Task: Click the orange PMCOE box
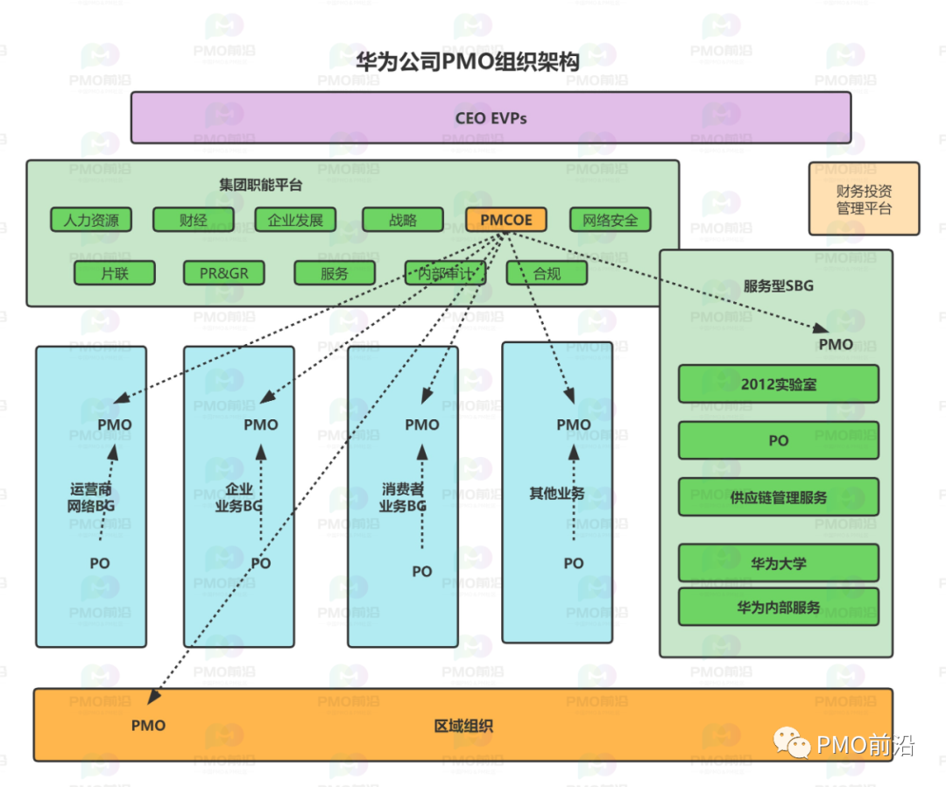pyautogui.click(x=506, y=220)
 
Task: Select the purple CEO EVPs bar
pyautogui.click(x=491, y=117)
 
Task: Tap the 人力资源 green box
pyautogui.click(x=91, y=220)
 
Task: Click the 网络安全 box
pyautogui.click(x=611, y=220)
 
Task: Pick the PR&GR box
pyautogui.click(x=224, y=273)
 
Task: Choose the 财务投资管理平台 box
pyautogui.click(x=864, y=199)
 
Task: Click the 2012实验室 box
pyautogui.click(x=778, y=383)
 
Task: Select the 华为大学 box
pyautogui.click(x=778, y=563)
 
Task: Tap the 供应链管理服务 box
pyautogui.click(x=778, y=497)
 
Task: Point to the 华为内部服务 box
pyautogui.click(x=778, y=607)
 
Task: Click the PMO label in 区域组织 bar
pyautogui.click(x=148, y=725)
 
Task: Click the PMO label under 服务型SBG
pyautogui.click(x=836, y=344)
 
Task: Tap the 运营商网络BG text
pyautogui.click(x=91, y=497)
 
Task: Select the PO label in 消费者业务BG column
pyautogui.click(x=422, y=571)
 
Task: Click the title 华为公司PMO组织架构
pyautogui.click(x=467, y=61)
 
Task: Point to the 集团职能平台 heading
pyautogui.click(x=260, y=185)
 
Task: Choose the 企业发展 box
pyautogui.click(x=295, y=220)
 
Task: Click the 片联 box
pyautogui.click(x=115, y=273)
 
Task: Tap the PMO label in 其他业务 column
pyautogui.click(x=574, y=425)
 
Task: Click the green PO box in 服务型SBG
pyautogui.click(x=778, y=440)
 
